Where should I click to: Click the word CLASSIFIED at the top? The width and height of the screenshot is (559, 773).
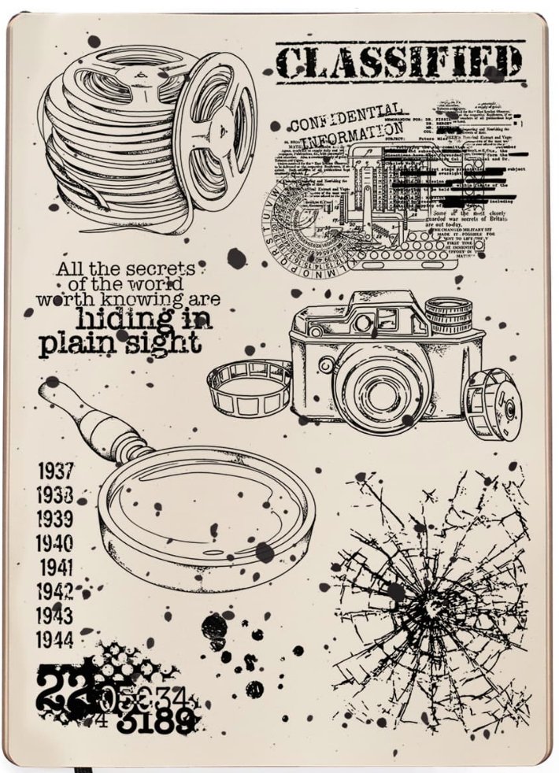coord(399,61)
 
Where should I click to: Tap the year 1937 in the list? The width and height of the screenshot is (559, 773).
coord(55,472)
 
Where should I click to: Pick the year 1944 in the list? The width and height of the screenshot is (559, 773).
coord(55,638)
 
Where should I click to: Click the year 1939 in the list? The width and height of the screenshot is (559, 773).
coord(55,520)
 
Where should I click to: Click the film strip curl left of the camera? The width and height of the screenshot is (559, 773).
coord(247,387)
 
